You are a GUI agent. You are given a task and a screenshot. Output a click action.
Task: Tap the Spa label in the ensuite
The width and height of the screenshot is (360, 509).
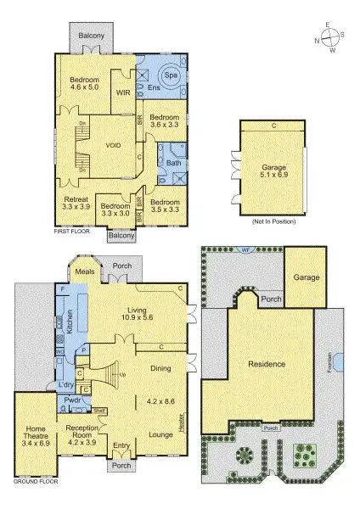pos(170,76)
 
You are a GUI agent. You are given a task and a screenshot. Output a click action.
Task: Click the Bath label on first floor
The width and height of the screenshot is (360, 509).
pos(173,162)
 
